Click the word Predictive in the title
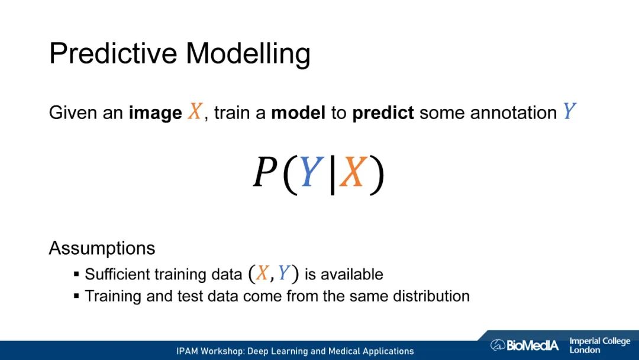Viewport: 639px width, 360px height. [114, 53]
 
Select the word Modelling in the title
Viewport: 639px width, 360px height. [248, 54]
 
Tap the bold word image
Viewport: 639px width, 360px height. [155, 113]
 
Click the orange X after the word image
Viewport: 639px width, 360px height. [195, 111]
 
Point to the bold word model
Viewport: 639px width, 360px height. [298, 112]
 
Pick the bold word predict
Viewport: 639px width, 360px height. [383, 113]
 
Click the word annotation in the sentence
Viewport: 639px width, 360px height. [514, 112]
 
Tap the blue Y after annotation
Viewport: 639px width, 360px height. [569, 111]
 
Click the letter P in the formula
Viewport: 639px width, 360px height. [265, 172]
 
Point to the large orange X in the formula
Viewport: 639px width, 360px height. [353, 172]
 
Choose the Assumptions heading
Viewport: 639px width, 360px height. [102, 248]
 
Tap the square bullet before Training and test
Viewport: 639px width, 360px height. [76, 295]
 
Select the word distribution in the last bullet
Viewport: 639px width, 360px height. [431, 295]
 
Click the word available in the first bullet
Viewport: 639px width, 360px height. [351, 274]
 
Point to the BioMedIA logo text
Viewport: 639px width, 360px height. [524, 345]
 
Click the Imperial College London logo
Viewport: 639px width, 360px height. [599, 345]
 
